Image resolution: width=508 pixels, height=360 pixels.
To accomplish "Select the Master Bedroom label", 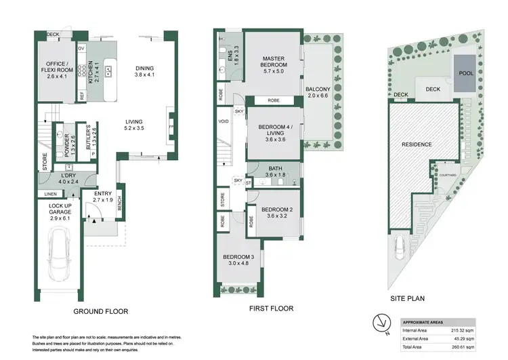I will coord(274,62).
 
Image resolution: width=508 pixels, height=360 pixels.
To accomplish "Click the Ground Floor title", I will coord(100,312).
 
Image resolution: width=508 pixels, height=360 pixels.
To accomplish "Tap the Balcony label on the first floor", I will coord(318,93).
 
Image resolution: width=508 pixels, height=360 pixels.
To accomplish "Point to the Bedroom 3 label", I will coord(238,260).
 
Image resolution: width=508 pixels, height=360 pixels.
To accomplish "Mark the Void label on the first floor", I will coord(224,122).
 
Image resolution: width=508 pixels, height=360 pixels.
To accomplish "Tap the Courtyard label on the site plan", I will coord(445,176).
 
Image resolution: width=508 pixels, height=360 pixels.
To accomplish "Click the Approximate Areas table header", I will coord(423,321).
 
